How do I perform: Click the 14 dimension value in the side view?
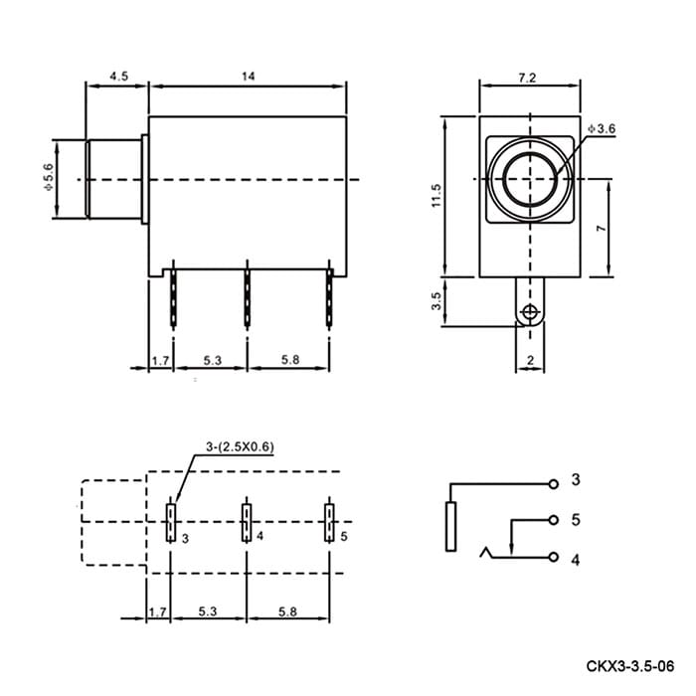pos(249,77)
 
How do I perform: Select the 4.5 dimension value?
pos(119,77)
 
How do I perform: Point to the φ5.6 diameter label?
pos(48,177)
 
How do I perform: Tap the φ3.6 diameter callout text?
pos(602,128)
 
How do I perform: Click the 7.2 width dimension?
pos(527,78)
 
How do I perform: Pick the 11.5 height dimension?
pos(436,195)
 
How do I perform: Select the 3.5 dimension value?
pos(436,300)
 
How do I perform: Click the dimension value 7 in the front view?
pos(601,228)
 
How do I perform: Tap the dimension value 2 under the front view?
pos(530,360)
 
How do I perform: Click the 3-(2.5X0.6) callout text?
pos(240,446)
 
